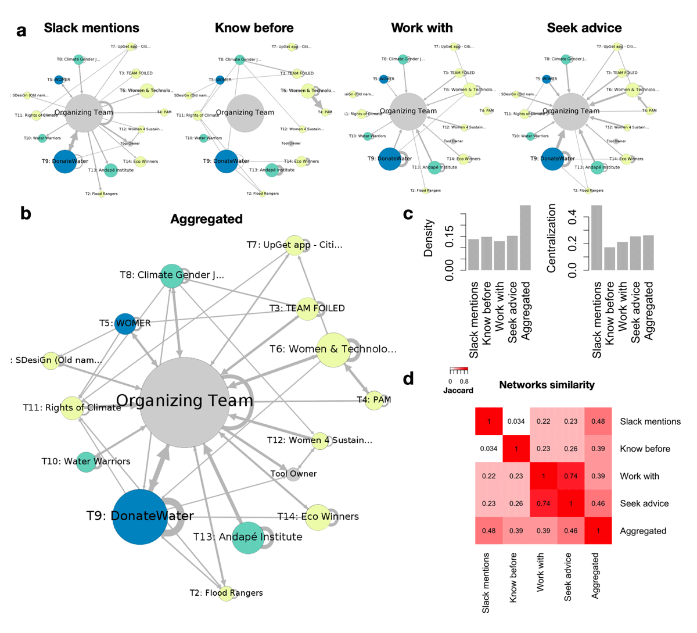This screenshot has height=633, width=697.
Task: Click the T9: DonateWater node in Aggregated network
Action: [140, 517]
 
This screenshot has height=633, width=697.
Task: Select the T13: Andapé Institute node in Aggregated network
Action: [248, 537]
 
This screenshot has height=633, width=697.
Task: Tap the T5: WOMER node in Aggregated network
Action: [125, 323]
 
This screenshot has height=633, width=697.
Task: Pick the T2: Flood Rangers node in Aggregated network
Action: [227, 593]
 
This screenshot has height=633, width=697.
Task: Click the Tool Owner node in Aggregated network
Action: [293, 474]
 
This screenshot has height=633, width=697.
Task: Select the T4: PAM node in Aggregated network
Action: [375, 400]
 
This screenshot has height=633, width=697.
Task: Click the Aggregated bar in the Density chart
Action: [525, 238]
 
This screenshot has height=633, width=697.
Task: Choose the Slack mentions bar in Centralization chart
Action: [597, 238]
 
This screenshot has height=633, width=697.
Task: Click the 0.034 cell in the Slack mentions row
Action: [516, 421]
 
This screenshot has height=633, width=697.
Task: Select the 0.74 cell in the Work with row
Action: [571, 476]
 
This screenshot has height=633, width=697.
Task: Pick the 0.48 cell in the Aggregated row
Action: [489, 531]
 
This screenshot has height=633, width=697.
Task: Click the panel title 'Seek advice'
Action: [584, 28]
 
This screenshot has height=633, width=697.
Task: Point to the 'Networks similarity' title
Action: [547, 385]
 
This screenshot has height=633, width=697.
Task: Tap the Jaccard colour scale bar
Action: [458, 370]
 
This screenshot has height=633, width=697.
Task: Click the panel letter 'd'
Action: [408, 380]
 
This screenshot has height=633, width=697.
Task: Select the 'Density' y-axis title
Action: [429, 238]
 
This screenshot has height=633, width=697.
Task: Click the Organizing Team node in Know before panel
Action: [245, 113]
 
